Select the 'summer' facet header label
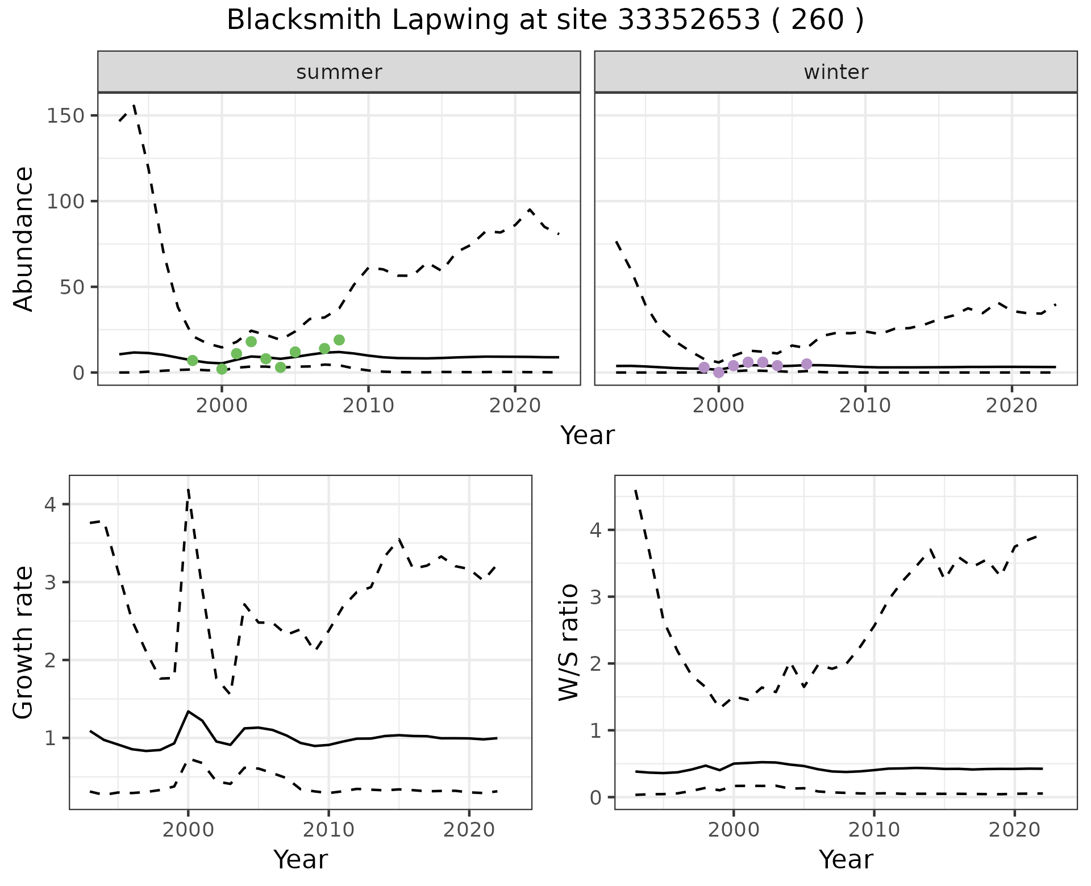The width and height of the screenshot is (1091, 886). point(339,72)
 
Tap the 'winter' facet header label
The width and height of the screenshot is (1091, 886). point(836,72)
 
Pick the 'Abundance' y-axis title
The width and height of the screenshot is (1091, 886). point(24,239)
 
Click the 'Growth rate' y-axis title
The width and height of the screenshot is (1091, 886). point(24,642)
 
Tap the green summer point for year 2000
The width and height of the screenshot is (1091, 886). point(222,369)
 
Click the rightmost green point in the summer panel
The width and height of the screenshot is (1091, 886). point(339,340)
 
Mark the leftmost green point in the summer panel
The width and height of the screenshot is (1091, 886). point(193,361)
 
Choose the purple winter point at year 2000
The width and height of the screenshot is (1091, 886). point(719,373)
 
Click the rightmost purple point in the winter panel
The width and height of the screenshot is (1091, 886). point(806,364)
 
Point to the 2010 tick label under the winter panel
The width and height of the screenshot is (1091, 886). point(865,407)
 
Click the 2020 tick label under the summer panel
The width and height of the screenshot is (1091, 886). point(515,407)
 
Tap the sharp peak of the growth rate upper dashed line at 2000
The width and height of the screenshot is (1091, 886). point(188,490)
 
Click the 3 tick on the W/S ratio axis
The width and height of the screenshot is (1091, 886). point(596,597)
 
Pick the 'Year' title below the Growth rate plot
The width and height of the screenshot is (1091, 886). point(301,860)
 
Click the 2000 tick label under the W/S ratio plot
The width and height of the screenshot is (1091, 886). point(734,830)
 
